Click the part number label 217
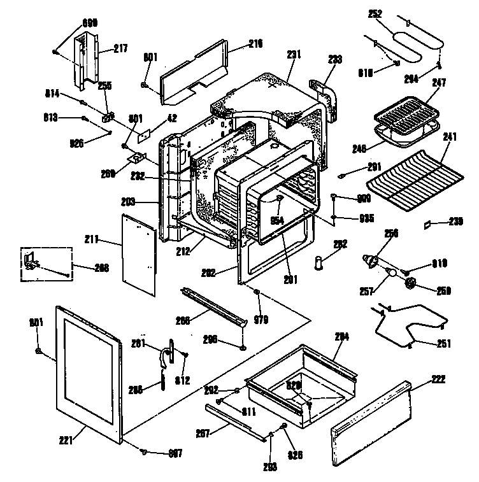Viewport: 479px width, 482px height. pyautogui.click(x=120, y=48)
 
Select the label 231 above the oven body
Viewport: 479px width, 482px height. pyautogui.click(x=293, y=55)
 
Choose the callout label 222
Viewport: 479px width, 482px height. pyautogui.click(x=438, y=379)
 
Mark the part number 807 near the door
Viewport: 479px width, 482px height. pyautogui.click(x=175, y=453)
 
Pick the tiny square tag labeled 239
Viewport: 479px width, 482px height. pyautogui.click(x=429, y=224)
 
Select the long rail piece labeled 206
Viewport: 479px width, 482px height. pyautogui.click(x=214, y=305)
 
